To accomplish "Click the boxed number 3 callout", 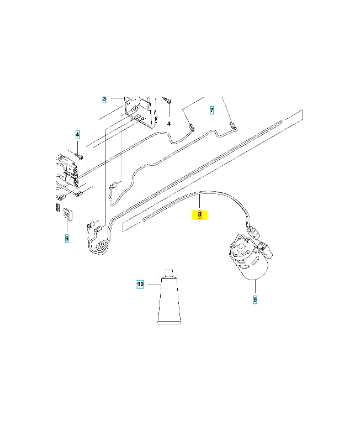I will [x=104, y=100].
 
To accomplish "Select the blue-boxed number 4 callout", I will [x=78, y=134].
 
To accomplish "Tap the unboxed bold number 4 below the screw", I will [x=169, y=124].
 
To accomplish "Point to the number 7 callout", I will [x=211, y=110].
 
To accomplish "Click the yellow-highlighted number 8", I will [x=199, y=215].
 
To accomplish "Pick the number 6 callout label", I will [x=67, y=238].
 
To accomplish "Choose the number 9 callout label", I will [x=255, y=299].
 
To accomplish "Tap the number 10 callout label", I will [x=140, y=284].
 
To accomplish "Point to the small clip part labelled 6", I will [x=67, y=213].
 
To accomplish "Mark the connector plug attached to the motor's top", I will [x=253, y=230].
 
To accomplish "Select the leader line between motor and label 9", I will [x=255, y=288].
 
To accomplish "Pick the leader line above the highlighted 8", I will [x=199, y=202].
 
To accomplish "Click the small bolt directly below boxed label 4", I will [x=79, y=156].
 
